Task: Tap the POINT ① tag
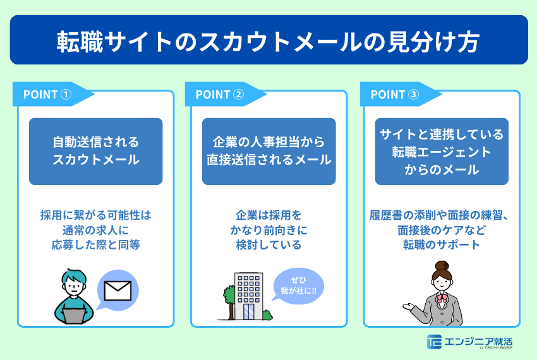point(48,94)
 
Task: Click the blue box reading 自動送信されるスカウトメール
point(95,151)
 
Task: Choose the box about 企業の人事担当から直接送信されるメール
point(268,151)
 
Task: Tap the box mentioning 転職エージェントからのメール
point(442,152)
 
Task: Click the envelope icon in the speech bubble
point(118,291)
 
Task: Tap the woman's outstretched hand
point(407,307)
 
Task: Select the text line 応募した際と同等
point(95,245)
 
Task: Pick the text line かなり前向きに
point(268,229)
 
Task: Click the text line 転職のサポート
point(442,245)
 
